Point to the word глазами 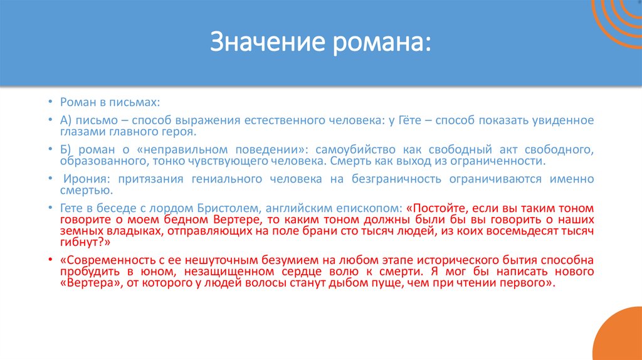[82, 132]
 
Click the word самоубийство [362, 150]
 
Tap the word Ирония [80, 179]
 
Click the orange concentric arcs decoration [618, 22]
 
